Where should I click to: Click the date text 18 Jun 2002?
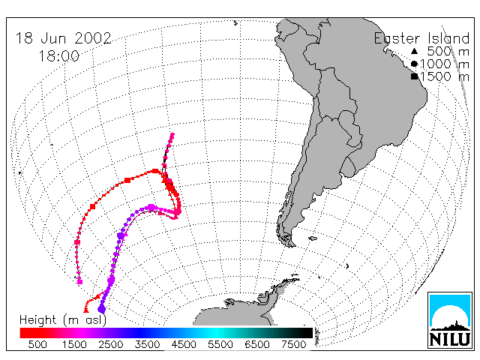point(63,38)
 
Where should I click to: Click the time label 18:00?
point(58,56)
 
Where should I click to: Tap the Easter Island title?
point(421,38)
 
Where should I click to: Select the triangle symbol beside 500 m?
point(414,51)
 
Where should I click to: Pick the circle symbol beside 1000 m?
point(414,64)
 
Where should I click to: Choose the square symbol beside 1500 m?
point(414,76)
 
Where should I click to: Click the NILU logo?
point(450,320)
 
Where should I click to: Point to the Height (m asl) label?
point(63,320)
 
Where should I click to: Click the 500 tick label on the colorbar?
point(37,344)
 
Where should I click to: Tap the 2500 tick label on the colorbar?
point(111,344)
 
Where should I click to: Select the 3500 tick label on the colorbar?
point(147,344)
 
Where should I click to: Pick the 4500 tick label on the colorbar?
point(184,344)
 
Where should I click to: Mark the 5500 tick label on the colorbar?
point(220,344)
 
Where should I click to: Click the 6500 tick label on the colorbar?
point(257,344)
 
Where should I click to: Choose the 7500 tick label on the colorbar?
point(294,344)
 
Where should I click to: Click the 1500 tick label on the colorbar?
point(74,344)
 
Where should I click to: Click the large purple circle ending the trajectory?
point(102,309)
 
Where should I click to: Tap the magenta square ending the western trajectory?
point(80,282)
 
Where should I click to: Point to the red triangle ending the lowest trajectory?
point(86,310)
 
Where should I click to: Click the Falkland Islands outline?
point(313,238)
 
